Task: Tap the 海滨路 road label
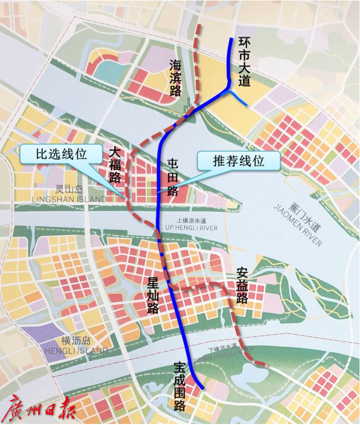point(175,78)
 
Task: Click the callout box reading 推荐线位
point(239,161)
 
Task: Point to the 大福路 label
point(115,166)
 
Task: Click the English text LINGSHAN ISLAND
point(70,199)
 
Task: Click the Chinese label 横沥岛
point(76,341)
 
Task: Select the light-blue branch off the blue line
point(238,99)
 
